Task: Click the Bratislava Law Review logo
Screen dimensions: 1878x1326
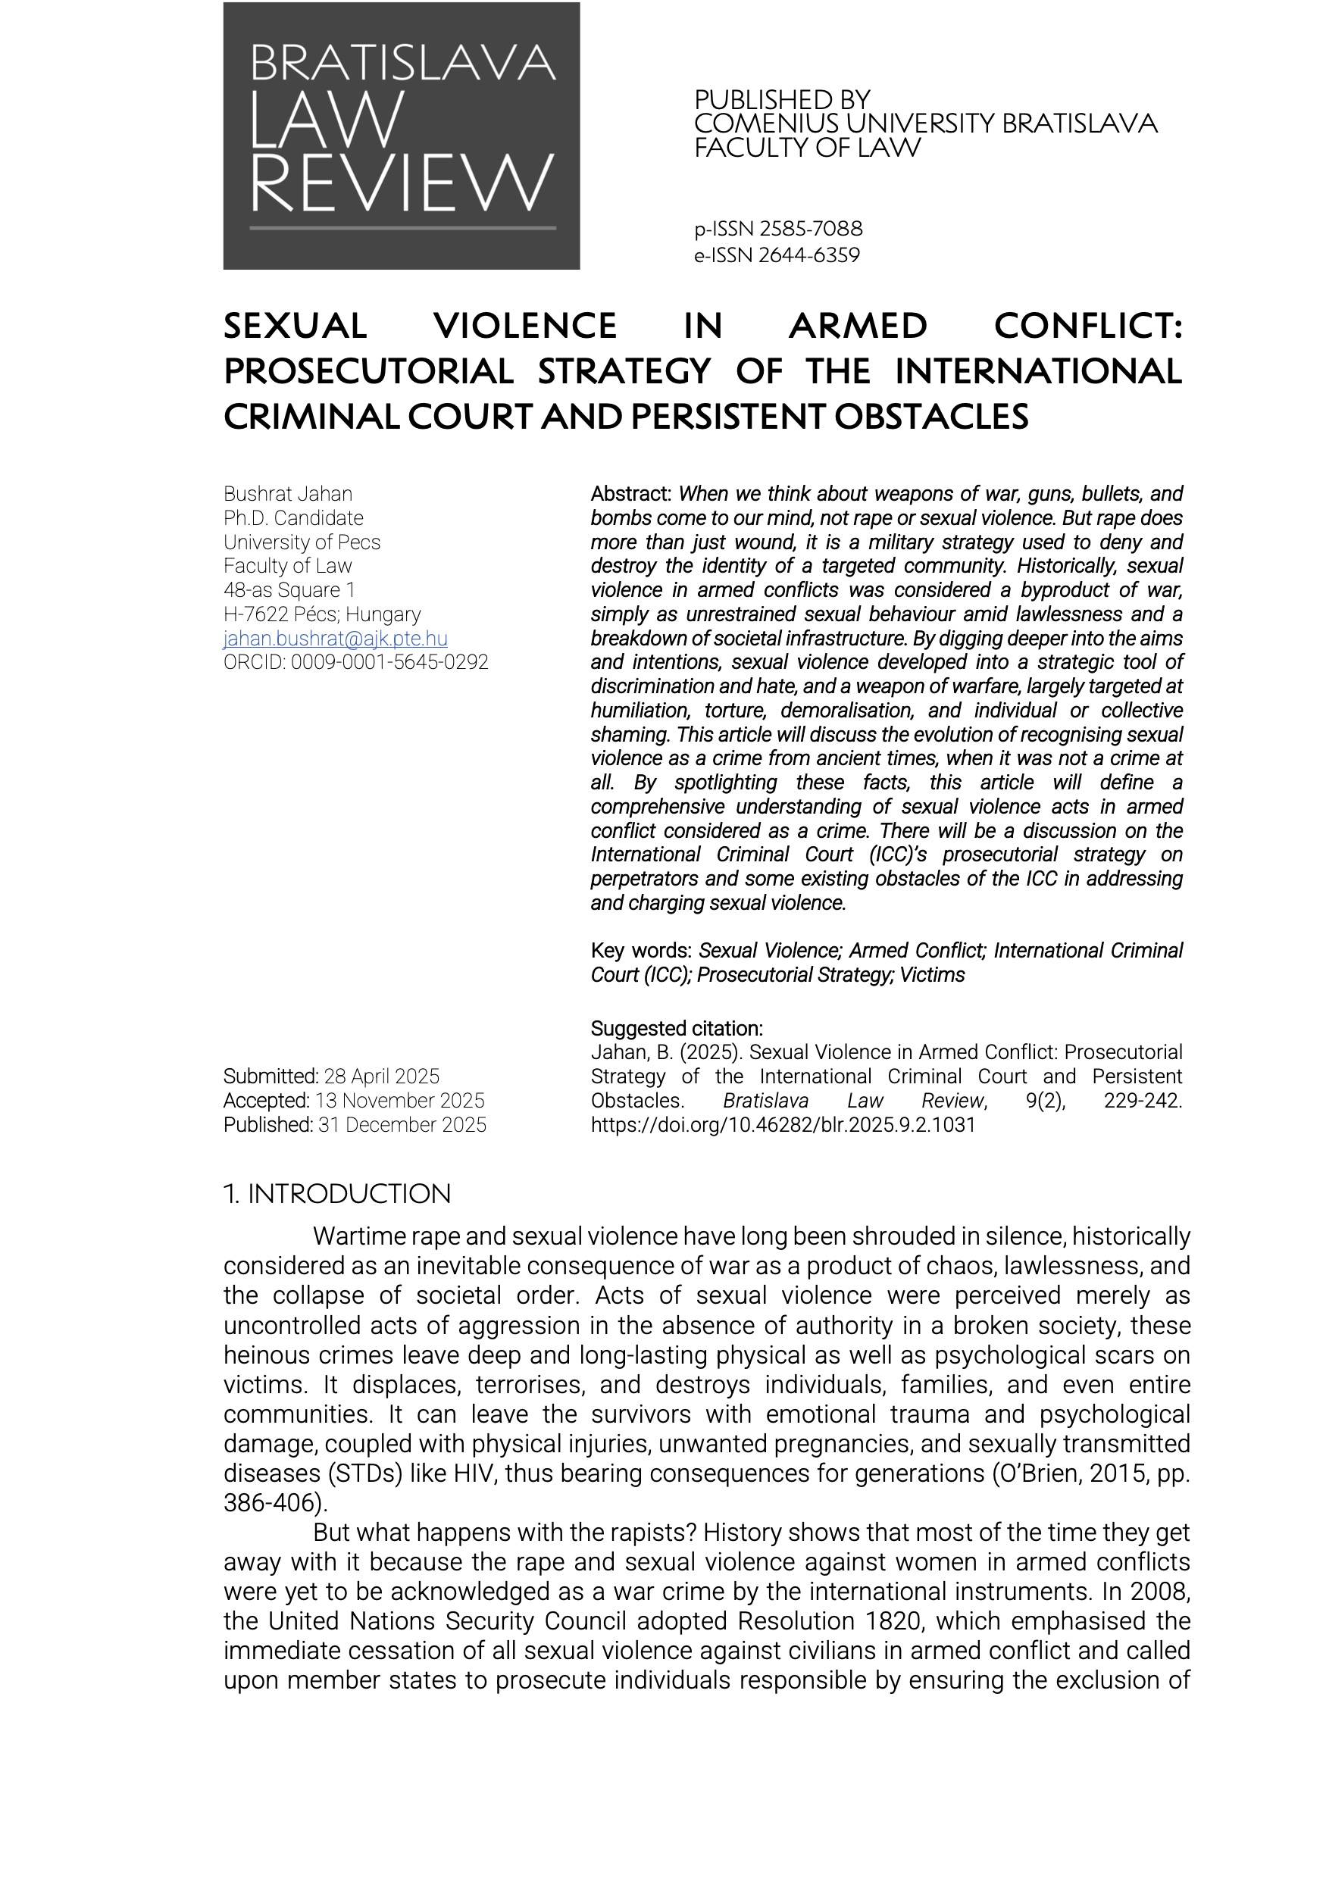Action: pos(401,136)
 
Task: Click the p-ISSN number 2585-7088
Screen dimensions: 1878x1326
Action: pos(810,229)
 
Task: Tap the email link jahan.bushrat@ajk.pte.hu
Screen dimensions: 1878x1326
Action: pos(336,638)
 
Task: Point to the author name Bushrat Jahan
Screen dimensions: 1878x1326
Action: pos(288,494)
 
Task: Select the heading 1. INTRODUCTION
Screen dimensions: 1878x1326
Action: pos(337,1194)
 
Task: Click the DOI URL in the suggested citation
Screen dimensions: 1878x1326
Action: pos(783,1125)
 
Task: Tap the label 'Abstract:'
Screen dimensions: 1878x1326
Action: pos(630,494)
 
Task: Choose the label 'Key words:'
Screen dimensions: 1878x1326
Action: pos(641,951)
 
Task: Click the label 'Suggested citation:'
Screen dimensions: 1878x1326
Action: pos(677,1028)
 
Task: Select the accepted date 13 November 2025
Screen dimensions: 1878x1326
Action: pos(400,1100)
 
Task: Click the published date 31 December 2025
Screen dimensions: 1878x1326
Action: pos(402,1125)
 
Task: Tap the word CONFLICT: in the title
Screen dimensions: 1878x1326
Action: pos(1088,326)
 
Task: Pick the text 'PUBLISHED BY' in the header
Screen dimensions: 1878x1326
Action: pos(782,100)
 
